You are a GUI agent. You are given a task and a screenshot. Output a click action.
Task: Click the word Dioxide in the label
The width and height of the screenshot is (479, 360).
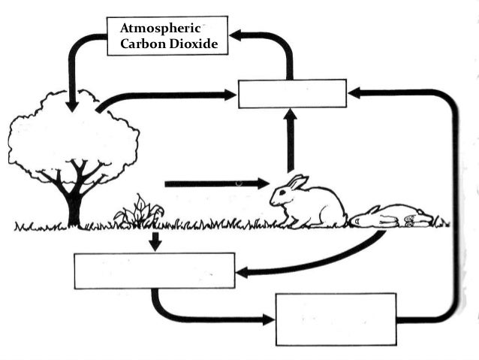191,44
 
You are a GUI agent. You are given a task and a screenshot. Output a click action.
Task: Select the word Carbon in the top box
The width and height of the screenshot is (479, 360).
141,44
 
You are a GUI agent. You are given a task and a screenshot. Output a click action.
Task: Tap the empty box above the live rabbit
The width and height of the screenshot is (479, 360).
292,93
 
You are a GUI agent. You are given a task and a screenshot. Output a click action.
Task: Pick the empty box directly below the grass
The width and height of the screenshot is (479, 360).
154,271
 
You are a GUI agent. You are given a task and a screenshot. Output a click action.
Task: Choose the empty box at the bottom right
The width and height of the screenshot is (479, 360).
335,319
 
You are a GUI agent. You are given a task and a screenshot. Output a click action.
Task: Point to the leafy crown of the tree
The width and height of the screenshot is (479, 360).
73,135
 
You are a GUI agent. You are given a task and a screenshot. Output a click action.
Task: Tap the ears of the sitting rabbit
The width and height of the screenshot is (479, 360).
297,181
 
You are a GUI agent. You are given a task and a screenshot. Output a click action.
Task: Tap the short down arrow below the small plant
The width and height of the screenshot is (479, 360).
155,242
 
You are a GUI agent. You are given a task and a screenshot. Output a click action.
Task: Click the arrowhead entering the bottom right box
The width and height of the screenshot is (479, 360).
268,319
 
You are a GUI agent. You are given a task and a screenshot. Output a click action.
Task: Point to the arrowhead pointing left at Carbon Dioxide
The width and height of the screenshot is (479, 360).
236,35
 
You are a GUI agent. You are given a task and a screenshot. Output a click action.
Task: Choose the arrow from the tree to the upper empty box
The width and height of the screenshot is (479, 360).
165,95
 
